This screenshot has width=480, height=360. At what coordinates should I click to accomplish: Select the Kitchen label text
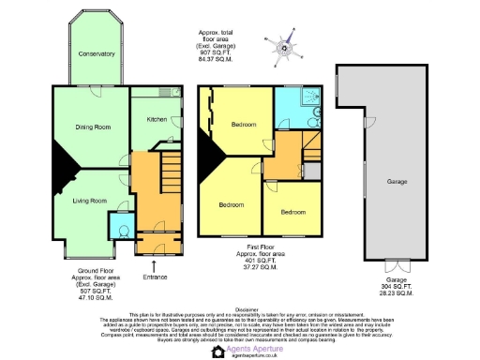(156, 119)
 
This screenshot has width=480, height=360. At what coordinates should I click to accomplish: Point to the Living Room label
(91, 200)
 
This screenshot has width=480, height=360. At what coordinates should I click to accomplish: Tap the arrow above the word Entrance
(155, 265)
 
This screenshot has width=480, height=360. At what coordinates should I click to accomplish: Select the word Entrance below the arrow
(155, 277)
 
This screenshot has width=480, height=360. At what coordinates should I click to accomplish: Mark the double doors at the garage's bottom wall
(397, 263)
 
